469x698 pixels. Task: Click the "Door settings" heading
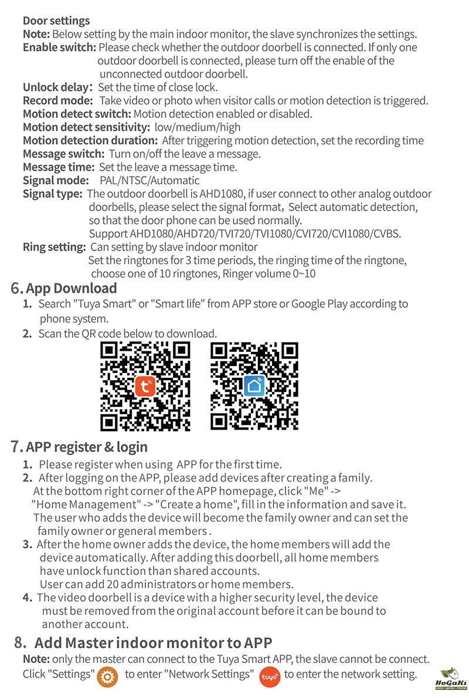(x=56, y=21)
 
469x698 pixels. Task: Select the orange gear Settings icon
(x=108, y=675)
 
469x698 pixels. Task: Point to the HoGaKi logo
(x=451, y=680)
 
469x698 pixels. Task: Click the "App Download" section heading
(x=72, y=288)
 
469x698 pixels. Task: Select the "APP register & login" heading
(x=87, y=447)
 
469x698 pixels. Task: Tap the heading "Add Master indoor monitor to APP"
(x=153, y=642)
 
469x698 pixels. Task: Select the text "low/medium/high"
(x=198, y=127)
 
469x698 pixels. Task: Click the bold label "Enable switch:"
(x=59, y=48)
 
